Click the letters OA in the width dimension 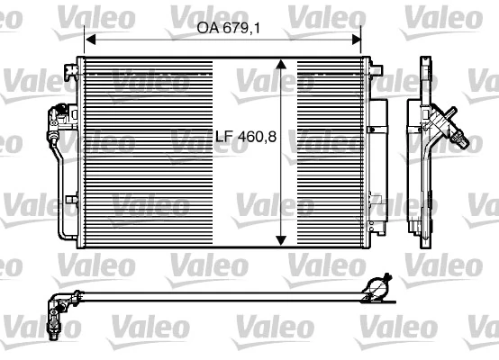206,28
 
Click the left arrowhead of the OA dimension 89,39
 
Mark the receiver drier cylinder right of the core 378,148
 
